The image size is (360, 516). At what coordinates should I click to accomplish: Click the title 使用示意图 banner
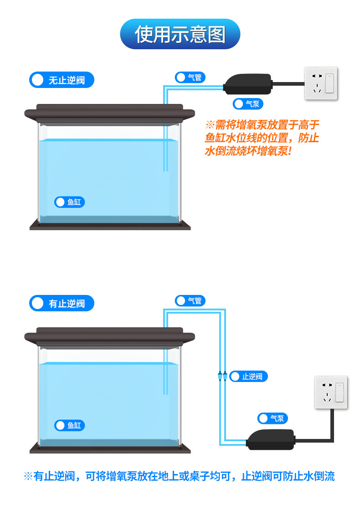pyautogui.click(x=180, y=34)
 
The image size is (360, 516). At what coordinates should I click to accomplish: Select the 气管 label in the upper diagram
pyautogui.click(x=190, y=77)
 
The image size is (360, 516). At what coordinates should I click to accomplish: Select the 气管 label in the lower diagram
pyautogui.click(x=190, y=301)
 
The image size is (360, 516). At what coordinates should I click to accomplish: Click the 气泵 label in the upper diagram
pyautogui.click(x=248, y=104)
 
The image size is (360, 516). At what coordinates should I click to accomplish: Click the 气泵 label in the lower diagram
pyautogui.click(x=273, y=418)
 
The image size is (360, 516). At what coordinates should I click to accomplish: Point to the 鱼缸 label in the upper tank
pyautogui.click(x=70, y=202)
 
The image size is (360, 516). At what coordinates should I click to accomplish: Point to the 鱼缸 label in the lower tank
pyautogui.click(x=70, y=425)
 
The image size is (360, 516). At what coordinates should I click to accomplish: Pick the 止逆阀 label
pyautogui.click(x=248, y=377)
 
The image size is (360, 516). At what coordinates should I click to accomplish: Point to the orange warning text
pyautogui.click(x=262, y=138)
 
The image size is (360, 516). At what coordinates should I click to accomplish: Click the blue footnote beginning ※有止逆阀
pyautogui.click(x=179, y=476)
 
